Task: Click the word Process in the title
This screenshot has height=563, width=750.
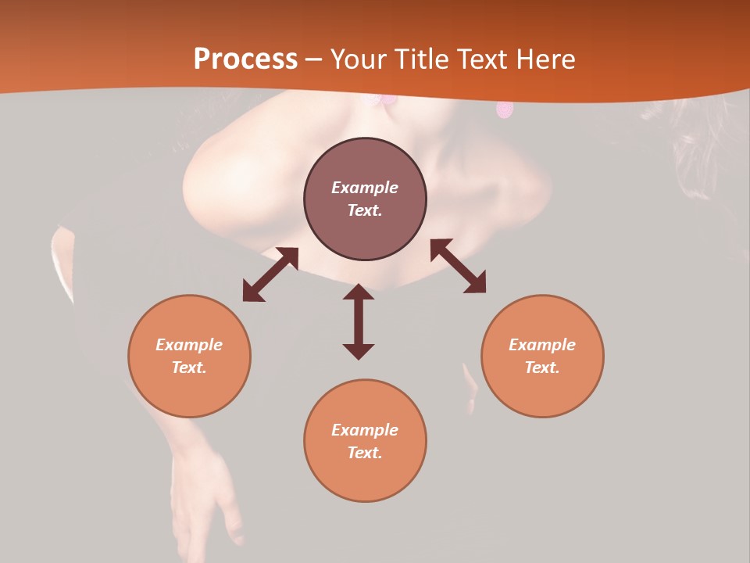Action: pyautogui.click(x=245, y=59)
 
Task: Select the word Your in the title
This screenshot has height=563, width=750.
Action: pyautogui.click(x=359, y=59)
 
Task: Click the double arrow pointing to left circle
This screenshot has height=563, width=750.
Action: pyautogui.click(x=270, y=274)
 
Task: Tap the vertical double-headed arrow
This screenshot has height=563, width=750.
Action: pyautogui.click(x=359, y=321)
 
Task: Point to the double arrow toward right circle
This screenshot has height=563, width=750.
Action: pyautogui.click(x=458, y=266)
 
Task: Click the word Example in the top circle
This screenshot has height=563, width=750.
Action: pyautogui.click(x=365, y=188)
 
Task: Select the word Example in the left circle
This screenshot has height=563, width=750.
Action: pyautogui.click(x=189, y=345)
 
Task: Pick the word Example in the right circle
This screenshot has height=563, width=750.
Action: pyautogui.click(x=542, y=345)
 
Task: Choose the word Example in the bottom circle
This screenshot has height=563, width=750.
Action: pyautogui.click(x=365, y=430)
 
